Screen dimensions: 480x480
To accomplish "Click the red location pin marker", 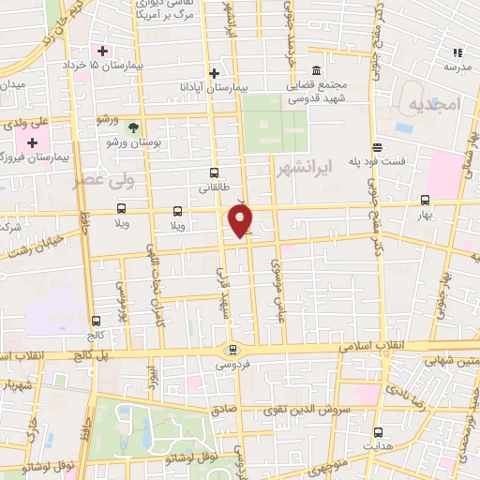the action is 241,220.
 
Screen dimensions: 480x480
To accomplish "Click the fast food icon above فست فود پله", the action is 377,147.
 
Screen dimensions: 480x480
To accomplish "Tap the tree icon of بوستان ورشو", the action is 134,127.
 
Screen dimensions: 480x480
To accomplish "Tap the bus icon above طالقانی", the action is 214,172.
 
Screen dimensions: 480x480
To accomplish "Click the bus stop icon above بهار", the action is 426,199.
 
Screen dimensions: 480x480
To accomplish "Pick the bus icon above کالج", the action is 97,320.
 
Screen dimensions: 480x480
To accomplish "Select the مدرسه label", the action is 457,67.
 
